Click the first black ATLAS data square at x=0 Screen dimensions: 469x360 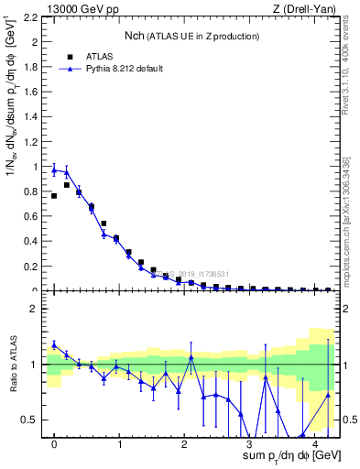click(54, 196)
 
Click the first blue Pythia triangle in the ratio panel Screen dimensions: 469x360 click(54, 345)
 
